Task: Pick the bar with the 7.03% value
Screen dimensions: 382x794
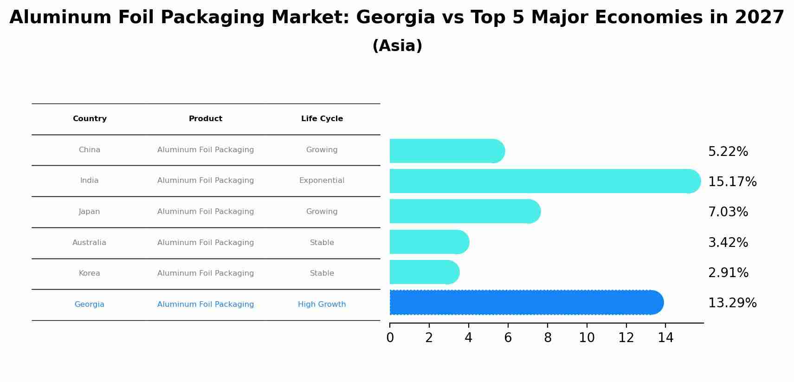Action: coord(464,211)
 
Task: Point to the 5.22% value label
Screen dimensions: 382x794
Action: coord(728,152)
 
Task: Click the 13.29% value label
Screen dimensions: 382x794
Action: coord(732,303)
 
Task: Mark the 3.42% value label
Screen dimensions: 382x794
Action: coord(728,243)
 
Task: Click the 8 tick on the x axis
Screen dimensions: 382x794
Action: coord(548,338)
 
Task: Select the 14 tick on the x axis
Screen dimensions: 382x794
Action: coord(665,338)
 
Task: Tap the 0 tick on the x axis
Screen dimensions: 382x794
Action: coord(390,338)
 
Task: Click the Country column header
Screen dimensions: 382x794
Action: coord(90,119)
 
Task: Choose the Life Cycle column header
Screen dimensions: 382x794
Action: coord(322,119)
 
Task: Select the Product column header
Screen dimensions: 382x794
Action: coord(205,119)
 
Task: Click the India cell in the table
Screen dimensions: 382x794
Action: coord(89,181)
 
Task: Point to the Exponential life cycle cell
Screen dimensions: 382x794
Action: coord(322,181)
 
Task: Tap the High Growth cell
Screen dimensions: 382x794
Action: coord(322,304)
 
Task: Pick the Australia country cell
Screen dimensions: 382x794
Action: coord(89,243)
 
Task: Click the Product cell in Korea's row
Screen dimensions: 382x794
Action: coord(205,273)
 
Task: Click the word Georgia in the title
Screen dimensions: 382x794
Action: coord(395,18)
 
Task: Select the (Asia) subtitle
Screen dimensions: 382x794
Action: coord(397,46)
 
